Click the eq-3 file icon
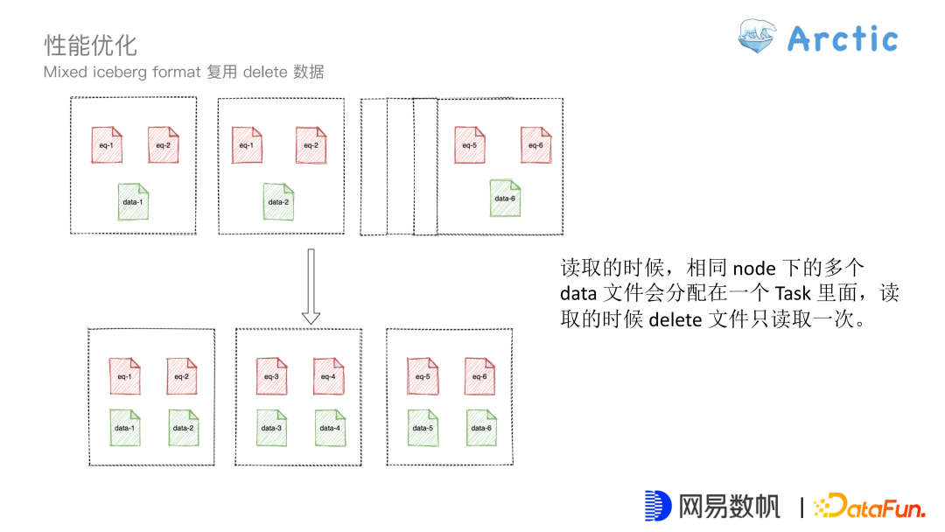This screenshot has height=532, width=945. (270, 375)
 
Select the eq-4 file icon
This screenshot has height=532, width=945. (328, 375)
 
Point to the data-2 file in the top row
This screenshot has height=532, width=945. (278, 200)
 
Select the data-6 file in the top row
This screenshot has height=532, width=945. (505, 197)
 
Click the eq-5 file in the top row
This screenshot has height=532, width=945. (469, 144)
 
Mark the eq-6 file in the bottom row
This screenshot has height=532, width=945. (479, 375)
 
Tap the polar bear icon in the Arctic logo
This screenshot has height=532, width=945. (757, 37)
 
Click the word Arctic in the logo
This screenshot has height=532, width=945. (842, 38)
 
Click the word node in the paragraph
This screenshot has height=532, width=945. (753, 268)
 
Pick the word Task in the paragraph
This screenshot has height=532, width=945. (794, 293)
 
